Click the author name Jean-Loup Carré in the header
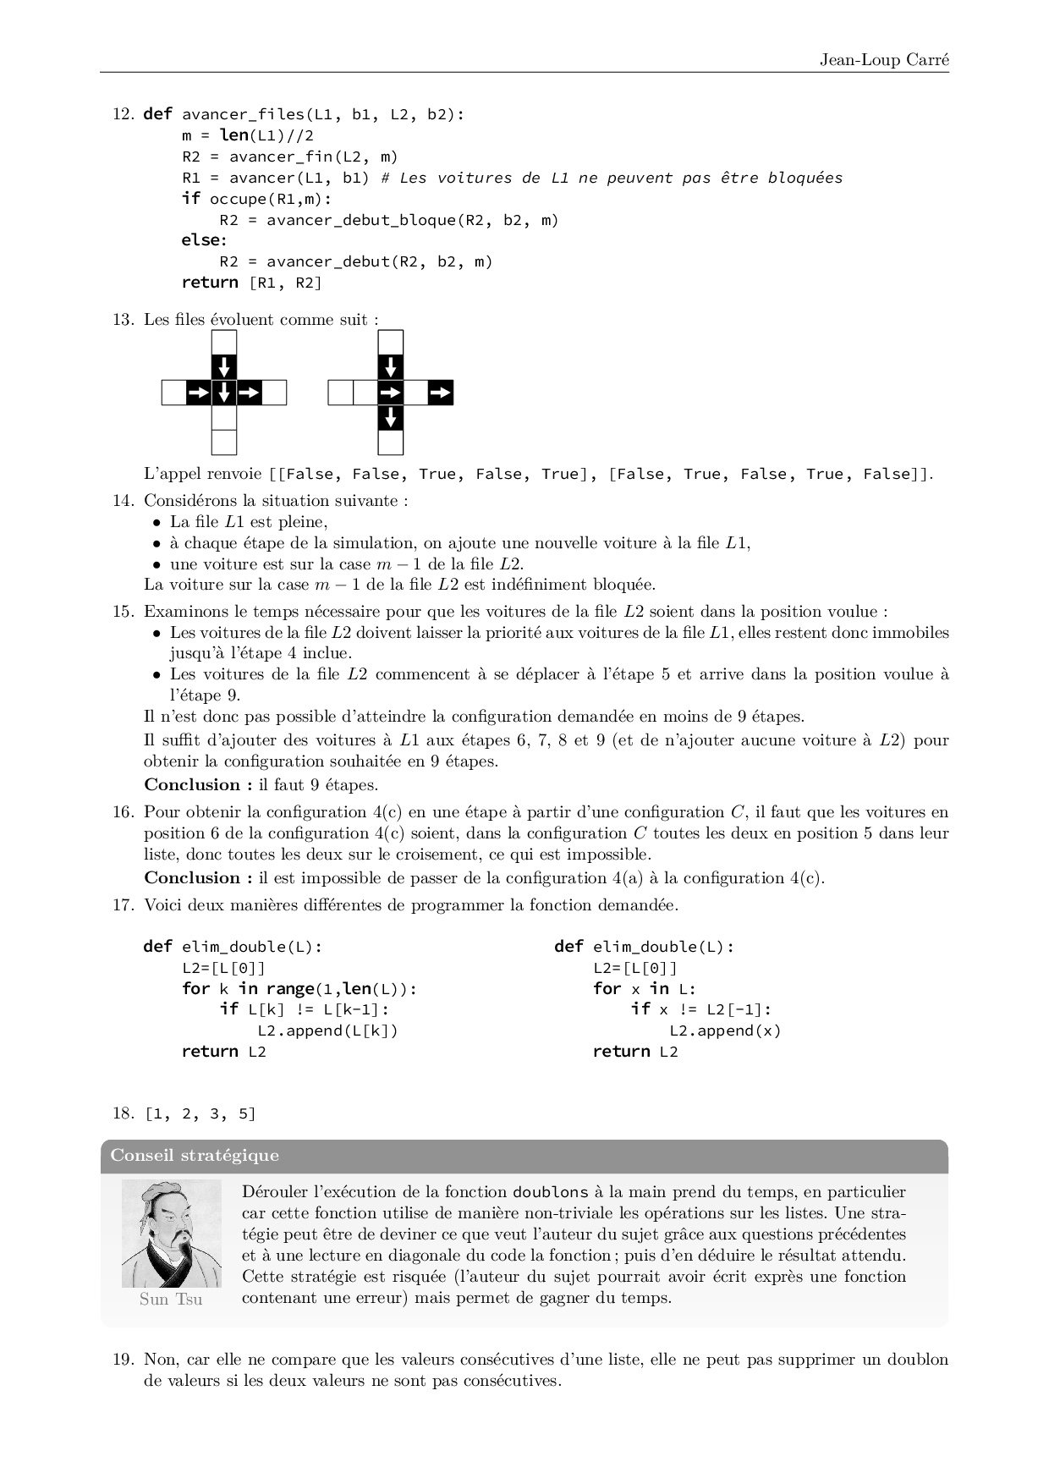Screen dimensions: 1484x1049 click(x=884, y=59)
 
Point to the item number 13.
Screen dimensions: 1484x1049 click(x=123, y=320)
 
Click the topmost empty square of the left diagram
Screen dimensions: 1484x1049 click(x=224, y=343)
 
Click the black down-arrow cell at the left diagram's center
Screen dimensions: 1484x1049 click(x=224, y=393)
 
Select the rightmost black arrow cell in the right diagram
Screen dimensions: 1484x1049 click(x=441, y=393)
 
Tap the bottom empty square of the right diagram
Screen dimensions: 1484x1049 click(x=390, y=442)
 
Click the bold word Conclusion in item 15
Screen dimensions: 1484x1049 click(x=192, y=785)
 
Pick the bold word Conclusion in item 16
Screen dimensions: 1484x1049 click(x=192, y=878)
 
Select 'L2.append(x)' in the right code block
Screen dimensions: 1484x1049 click(x=725, y=1031)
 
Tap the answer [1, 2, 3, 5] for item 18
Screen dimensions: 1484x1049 click(x=200, y=1113)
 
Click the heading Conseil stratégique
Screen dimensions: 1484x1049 click(x=195, y=1156)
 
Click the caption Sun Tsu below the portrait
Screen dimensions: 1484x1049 click(x=171, y=1300)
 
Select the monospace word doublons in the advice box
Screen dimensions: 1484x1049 click(x=550, y=1192)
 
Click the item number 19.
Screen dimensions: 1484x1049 click(x=123, y=1360)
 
